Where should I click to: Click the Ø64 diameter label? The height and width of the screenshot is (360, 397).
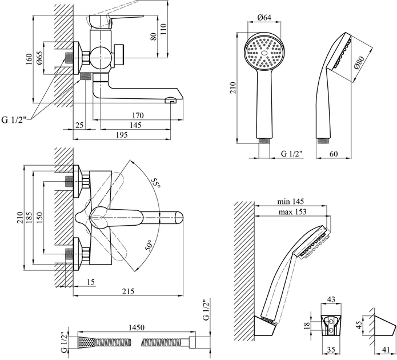point(264,17)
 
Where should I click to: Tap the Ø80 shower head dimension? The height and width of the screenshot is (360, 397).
point(360,63)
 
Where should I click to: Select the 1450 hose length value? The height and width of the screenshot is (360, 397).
point(137,327)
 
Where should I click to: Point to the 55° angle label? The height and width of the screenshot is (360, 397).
point(155,183)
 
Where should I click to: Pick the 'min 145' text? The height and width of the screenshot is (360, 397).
point(290,201)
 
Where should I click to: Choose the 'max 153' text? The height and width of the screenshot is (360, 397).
point(292,211)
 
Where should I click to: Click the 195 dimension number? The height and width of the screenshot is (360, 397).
point(122,135)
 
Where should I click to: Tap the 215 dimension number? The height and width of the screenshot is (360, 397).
point(128,291)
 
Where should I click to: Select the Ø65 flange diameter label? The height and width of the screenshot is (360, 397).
point(40,58)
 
